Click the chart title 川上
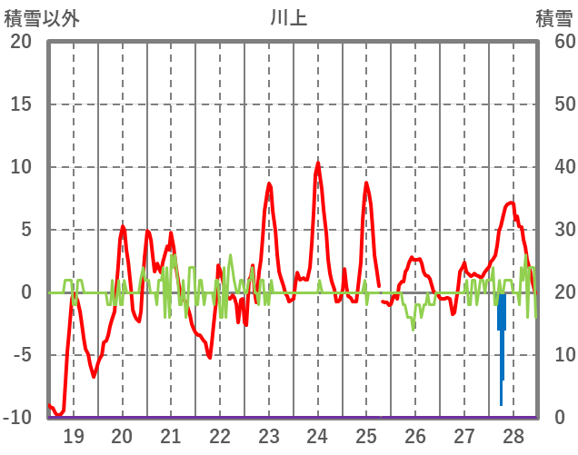pos(289,17)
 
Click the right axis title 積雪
pos(553,17)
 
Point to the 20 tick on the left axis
pos(21,42)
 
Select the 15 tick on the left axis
pos(21,104)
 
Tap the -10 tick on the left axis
pos(17,418)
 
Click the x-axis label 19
pos(74,436)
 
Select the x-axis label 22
pos(220,436)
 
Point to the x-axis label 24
pos(317,436)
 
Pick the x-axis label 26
pos(415,436)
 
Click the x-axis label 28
pos(513,436)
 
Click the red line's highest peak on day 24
pos(318,163)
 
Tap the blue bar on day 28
pos(502,327)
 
